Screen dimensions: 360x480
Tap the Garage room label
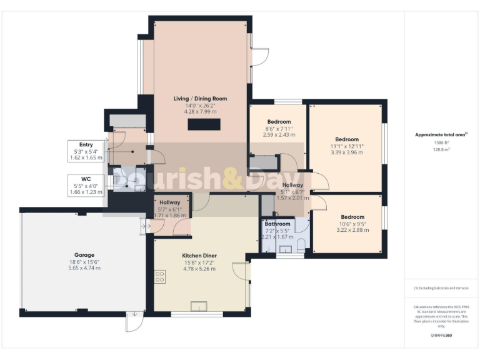(x=84, y=255)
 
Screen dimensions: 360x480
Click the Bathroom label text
(x=277, y=224)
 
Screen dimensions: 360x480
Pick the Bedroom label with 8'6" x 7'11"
(x=279, y=122)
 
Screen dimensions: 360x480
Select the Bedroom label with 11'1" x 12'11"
(x=347, y=139)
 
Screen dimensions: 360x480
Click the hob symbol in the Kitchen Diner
(x=160, y=276)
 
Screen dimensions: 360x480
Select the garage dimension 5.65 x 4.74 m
(x=84, y=267)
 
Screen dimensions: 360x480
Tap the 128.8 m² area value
(x=442, y=149)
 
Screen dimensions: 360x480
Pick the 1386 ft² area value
(x=442, y=142)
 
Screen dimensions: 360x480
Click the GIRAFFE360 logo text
(x=441, y=336)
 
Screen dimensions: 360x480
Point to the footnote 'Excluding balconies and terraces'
(x=441, y=288)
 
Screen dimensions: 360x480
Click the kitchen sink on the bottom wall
(x=199, y=306)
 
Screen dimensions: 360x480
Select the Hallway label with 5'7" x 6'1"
(x=169, y=202)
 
